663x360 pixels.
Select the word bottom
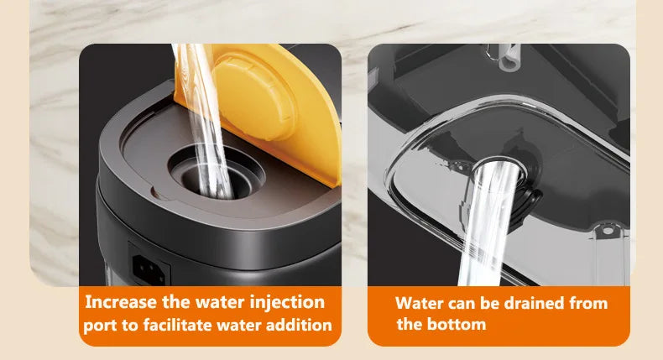point(457,324)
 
